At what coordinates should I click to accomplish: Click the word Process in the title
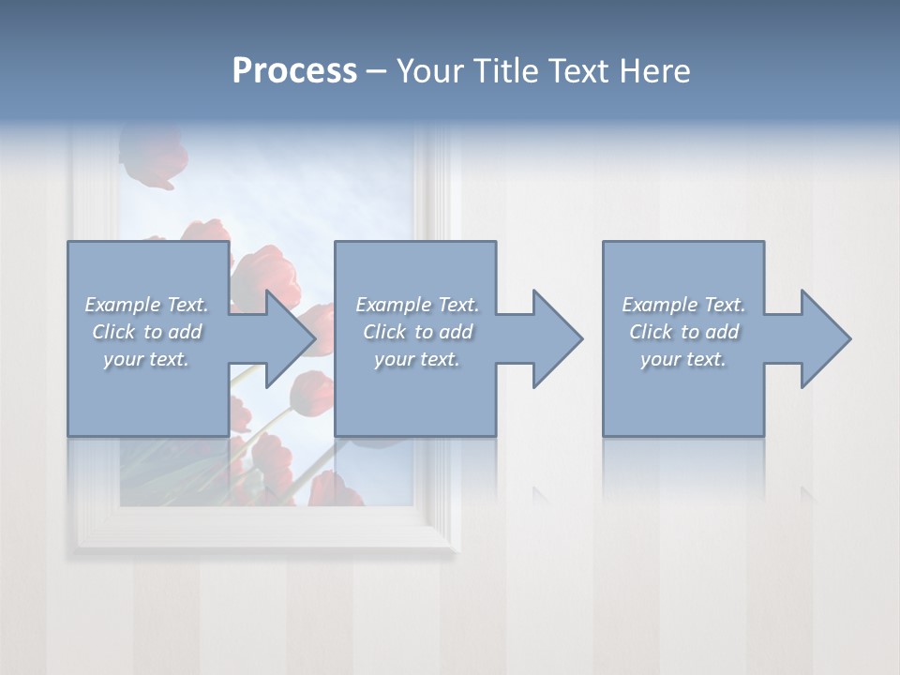point(294,71)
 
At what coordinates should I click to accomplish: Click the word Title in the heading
point(503,71)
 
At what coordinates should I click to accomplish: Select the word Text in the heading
point(579,71)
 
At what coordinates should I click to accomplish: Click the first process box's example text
point(147,332)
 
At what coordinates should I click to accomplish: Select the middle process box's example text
point(417,332)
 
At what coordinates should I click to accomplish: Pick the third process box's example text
point(683,332)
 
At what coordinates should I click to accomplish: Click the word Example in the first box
point(123,305)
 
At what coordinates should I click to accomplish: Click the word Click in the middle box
point(384,332)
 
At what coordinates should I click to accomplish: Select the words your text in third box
point(683,359)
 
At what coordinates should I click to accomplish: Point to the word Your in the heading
point(428,71)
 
